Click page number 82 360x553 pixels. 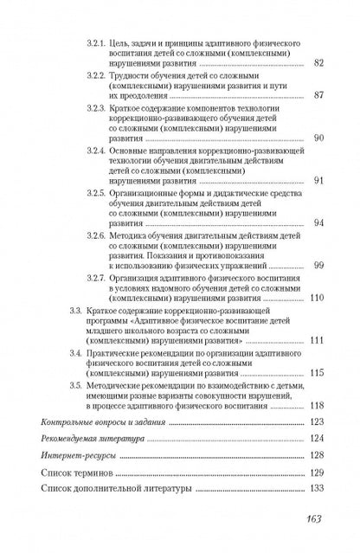coord(318,63)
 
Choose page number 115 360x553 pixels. coord(316,372)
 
